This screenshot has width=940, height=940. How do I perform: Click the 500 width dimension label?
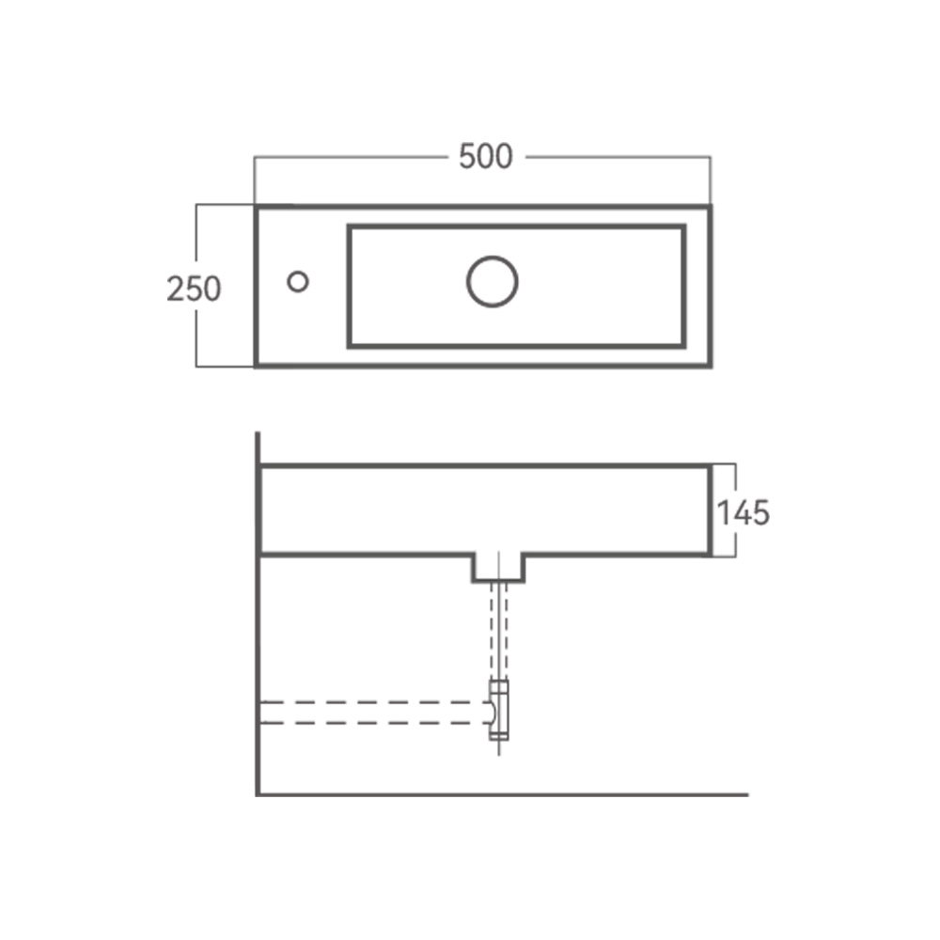pyautogui.click(x=486, y=156)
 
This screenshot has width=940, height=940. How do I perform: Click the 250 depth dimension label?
pyautogui.click(x=194, y=289)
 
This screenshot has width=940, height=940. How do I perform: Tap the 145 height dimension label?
pyautogui.click(x=744, y=513)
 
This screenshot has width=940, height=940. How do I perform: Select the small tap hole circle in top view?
pyautogui.click(x=298, y=282)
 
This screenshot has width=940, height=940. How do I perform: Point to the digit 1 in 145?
pyautogui.click(x=722, y=513)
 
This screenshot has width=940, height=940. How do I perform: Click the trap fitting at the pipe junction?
pyautogui.click(x=499, y=710)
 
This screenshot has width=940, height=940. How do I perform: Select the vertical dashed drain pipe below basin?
pyautogui.click(x=499, y=631)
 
